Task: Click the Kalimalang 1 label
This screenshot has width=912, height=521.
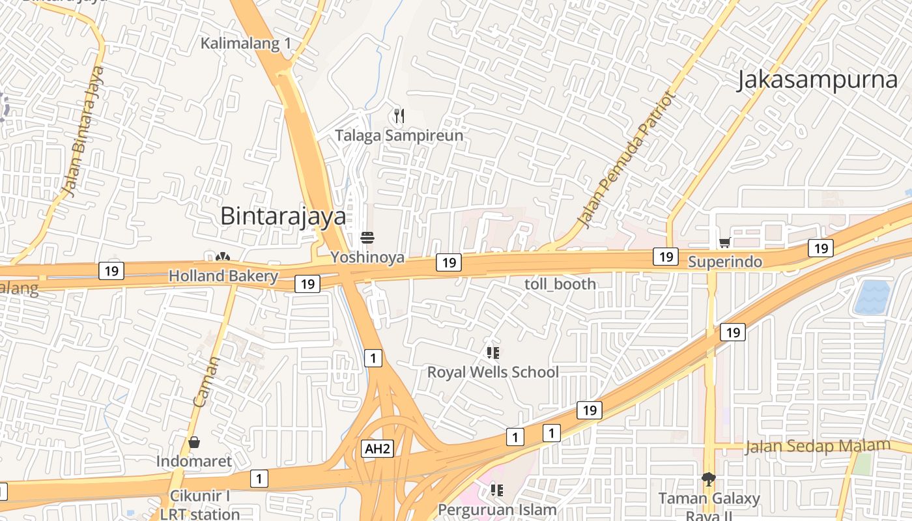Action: point(246,44)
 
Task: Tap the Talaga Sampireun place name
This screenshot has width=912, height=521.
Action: point(399,135)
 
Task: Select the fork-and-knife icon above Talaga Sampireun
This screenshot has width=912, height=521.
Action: point(399,116)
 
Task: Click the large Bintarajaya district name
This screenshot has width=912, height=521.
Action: point(283,216)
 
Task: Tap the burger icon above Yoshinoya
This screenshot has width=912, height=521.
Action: point(367,238)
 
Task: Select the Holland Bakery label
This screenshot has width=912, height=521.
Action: point(223,276)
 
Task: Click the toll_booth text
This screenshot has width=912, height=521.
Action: point(560,284)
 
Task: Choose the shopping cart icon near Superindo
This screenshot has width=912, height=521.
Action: point(724,243)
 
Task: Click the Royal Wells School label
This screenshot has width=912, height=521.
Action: point(492,372)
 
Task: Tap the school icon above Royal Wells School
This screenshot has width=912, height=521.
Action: point(493,353)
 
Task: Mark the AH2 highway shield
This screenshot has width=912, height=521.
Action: point(378,448)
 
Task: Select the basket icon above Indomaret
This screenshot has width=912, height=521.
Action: point(194,443)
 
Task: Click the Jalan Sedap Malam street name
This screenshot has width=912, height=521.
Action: point(817,446)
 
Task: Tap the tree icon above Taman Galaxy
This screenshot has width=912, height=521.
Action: point(708,480)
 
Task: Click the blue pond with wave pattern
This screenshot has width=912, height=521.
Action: point(872,297)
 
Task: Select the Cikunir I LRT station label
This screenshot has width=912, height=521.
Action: point(200,505)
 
